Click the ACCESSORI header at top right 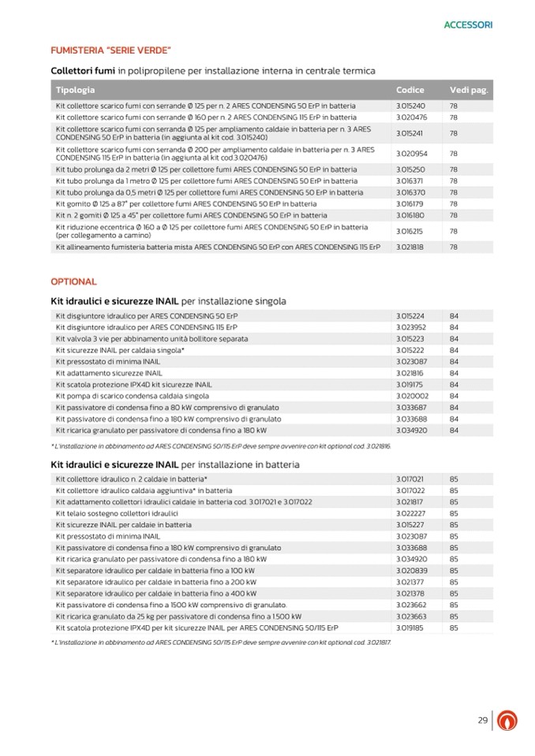click(468, 25)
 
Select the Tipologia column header click(75, 90)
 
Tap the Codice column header click(410, 90)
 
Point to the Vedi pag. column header click(470, 90)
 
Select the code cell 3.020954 click(411, 154)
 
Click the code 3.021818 click(410, 247)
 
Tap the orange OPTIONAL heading click(73, 281)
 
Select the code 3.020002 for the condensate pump click(411, 396)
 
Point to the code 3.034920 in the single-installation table click(411, 430)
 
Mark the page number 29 click(482, 721)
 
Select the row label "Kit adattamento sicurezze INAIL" click(109, 373)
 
